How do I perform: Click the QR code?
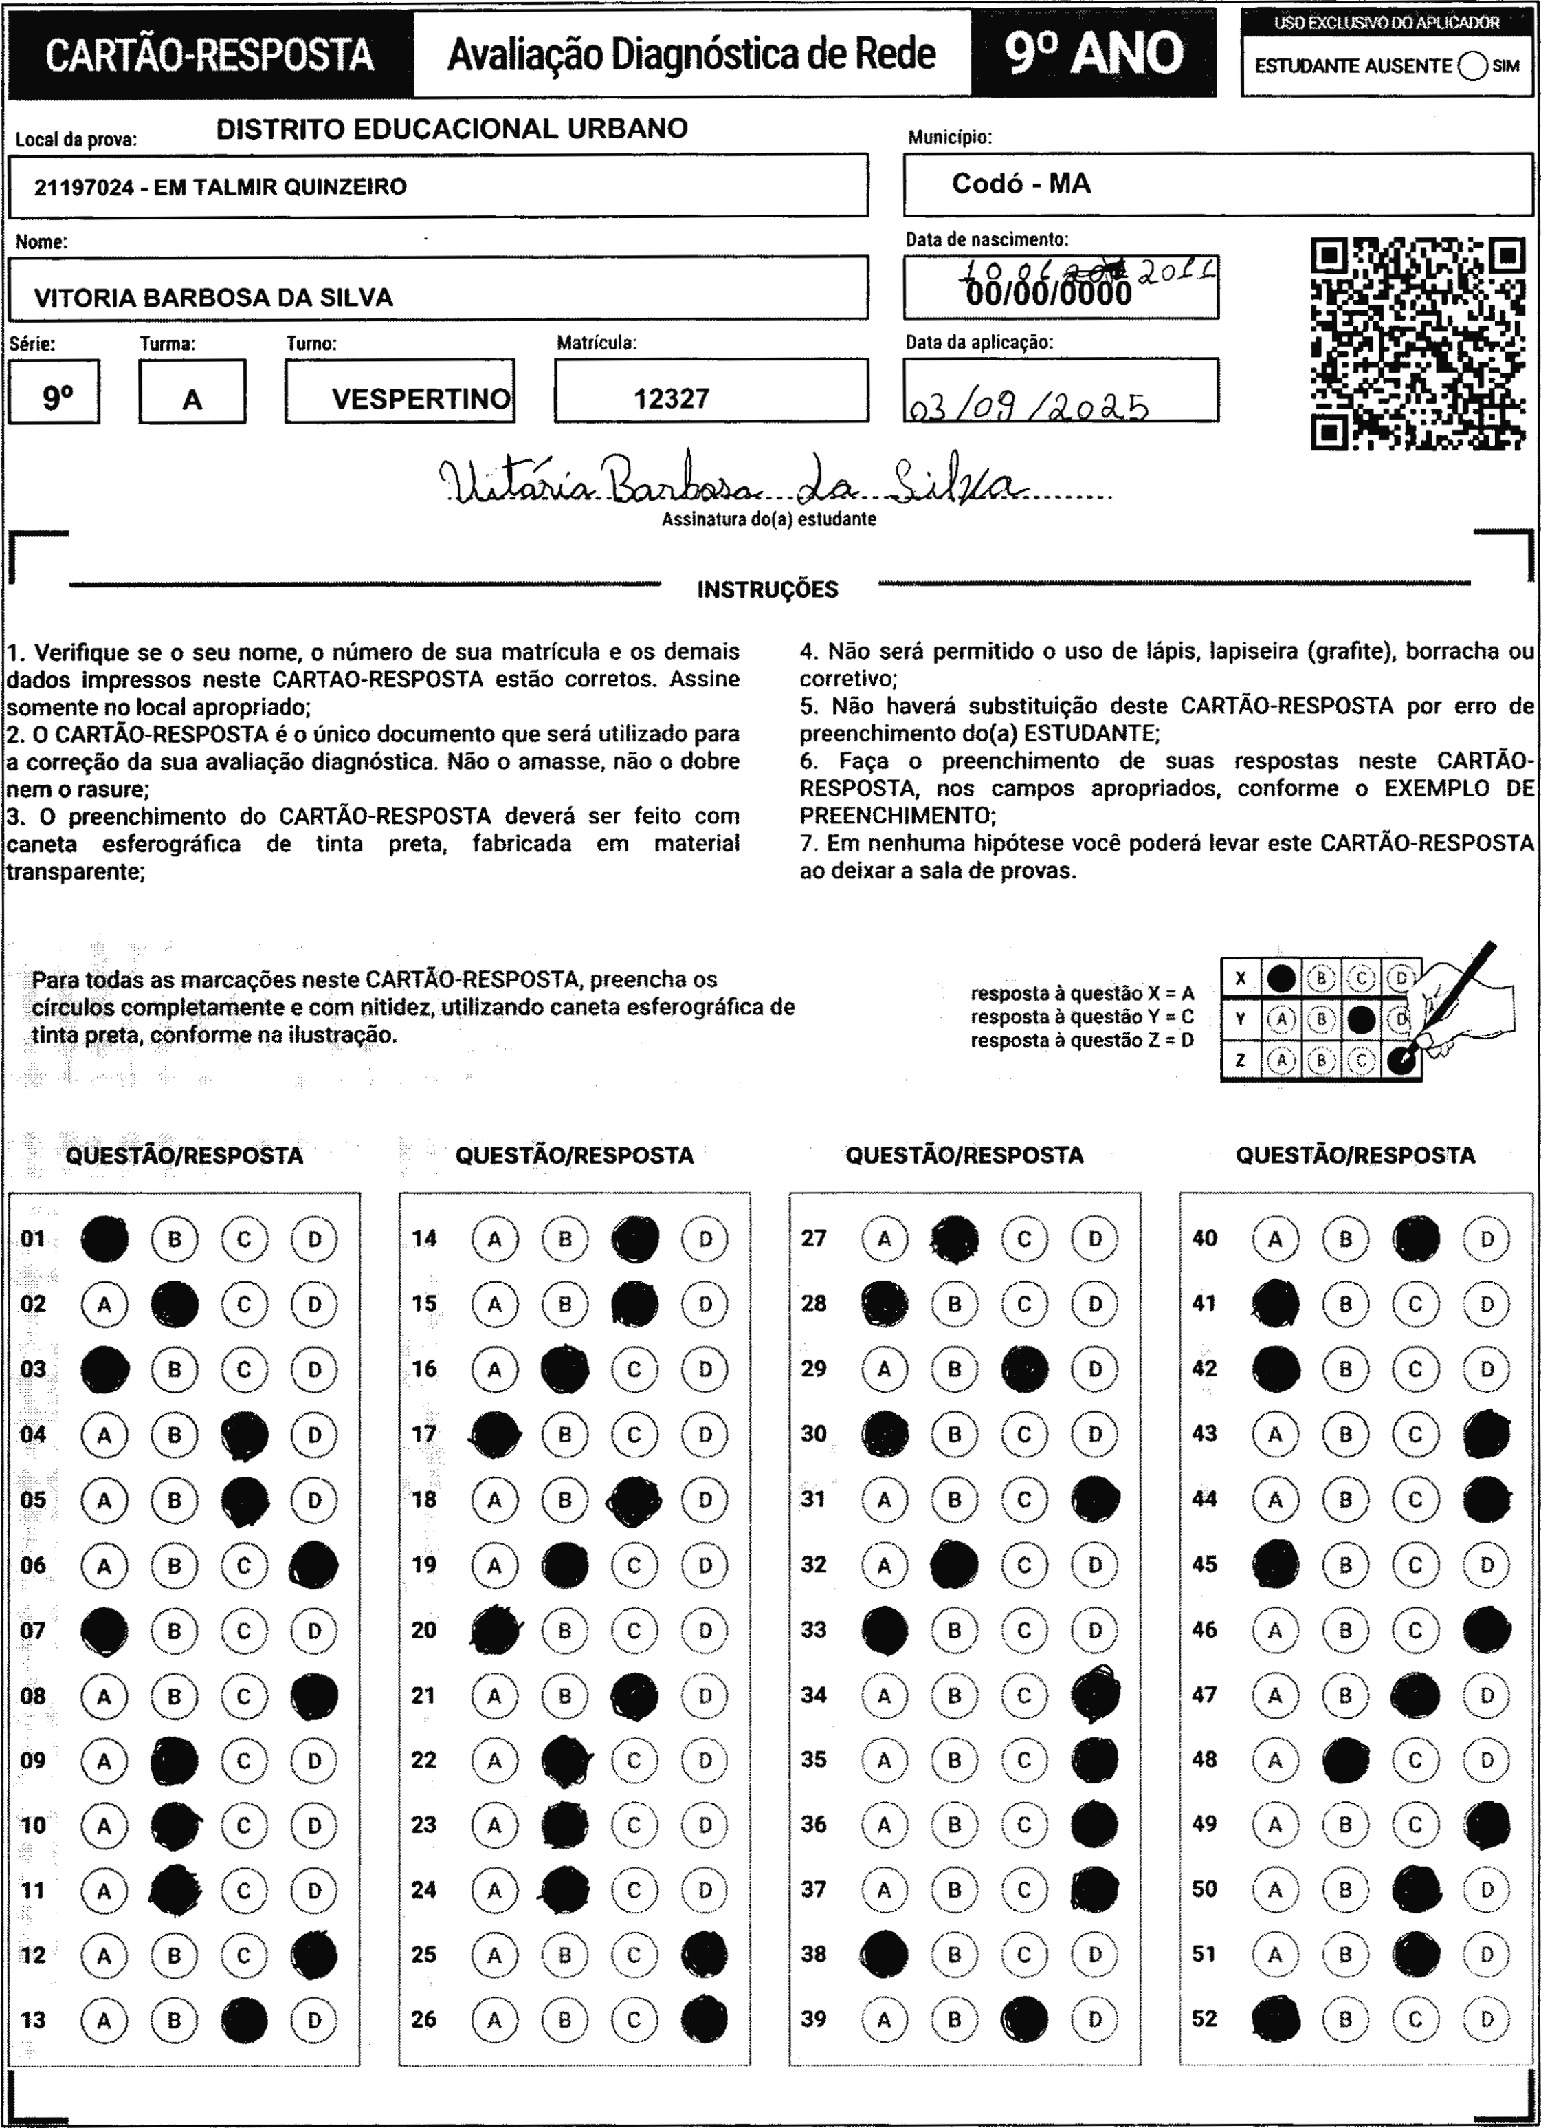1417,345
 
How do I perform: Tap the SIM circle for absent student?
1472,67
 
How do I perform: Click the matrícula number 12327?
671,399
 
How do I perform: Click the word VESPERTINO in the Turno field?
421,399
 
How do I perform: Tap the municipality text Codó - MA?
1021,183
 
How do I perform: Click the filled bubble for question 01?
104,1239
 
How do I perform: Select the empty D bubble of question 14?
705,1239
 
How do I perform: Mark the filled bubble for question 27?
955,1239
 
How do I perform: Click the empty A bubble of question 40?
1276,1239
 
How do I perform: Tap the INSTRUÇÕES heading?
767,590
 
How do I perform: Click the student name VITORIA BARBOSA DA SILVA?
213,297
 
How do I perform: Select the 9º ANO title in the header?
1094,54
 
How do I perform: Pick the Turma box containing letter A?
192,392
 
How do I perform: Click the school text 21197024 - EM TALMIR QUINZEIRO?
221,186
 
